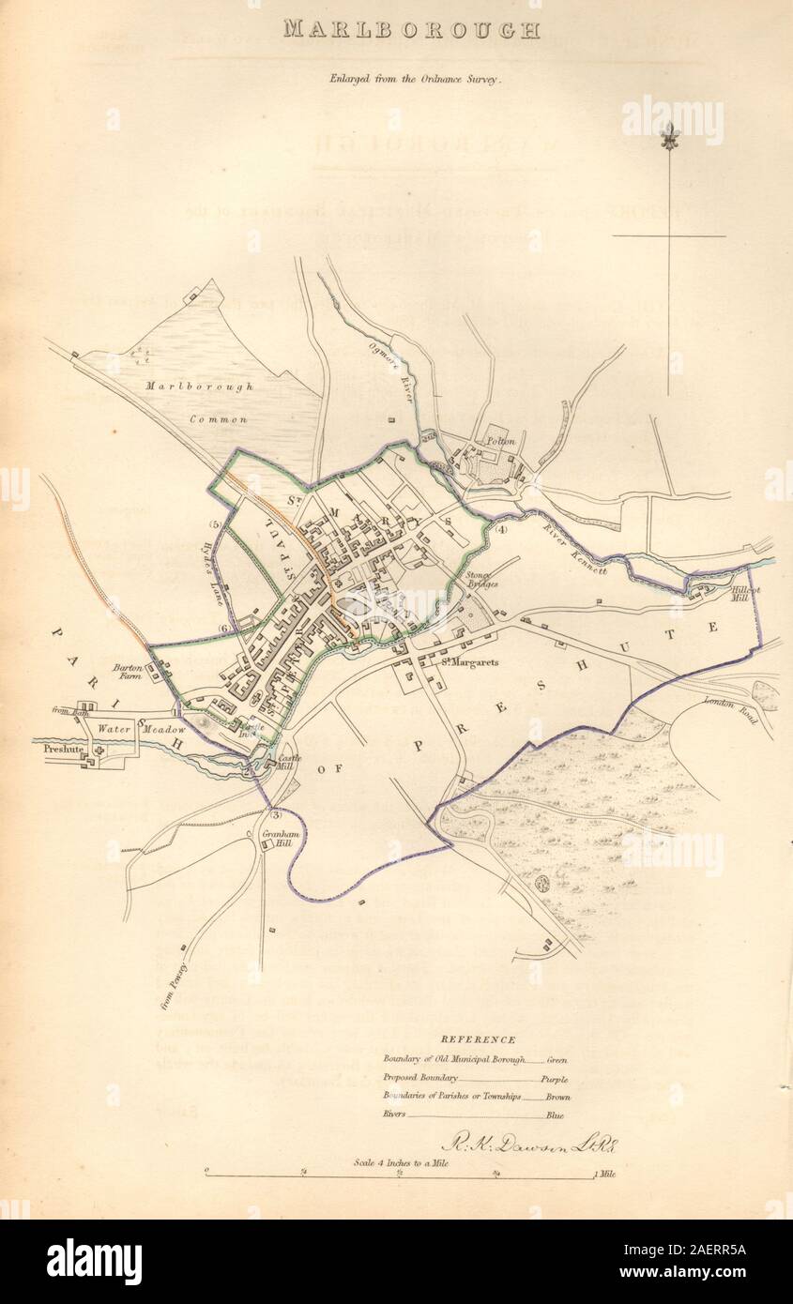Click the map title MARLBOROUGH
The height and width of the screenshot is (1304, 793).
[411, 30]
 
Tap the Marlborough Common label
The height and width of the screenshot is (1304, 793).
[198, 402]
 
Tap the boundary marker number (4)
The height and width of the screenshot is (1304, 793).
[501, 530]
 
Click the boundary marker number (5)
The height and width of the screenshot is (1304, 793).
[215, 524]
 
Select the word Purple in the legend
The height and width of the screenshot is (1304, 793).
[556, 1079]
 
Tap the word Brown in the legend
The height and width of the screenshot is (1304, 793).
[557, 1097]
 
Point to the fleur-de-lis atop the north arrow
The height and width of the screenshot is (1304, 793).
[669, 137]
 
